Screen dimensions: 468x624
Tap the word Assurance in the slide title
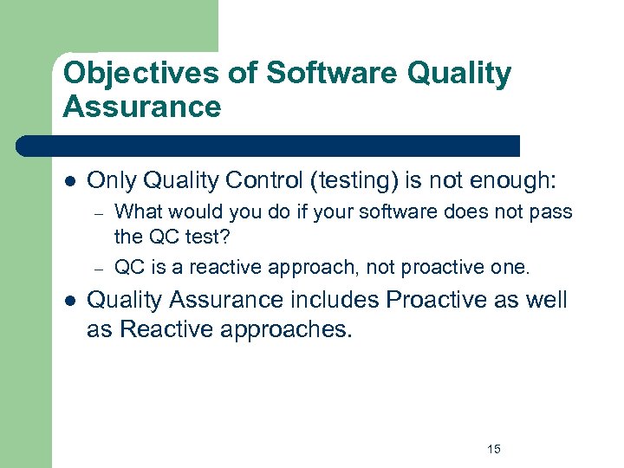click(142, 107)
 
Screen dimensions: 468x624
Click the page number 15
click(494, 449)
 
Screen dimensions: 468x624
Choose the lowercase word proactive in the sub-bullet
click(418, 267)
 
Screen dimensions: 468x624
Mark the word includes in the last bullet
click(334, 300)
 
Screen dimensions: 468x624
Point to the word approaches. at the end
click(292, 329)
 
